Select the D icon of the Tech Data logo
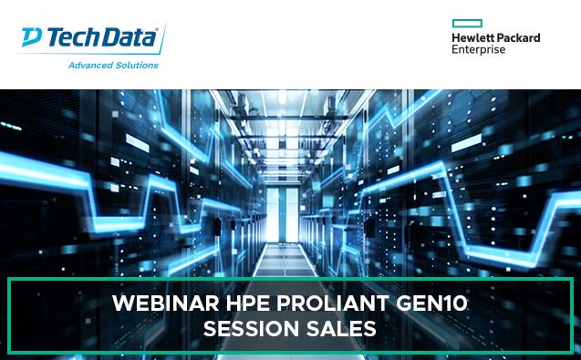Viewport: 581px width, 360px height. [x=31, y=37]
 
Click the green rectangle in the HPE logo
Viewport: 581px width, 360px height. [x=467, y=24]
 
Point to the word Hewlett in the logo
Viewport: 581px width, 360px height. [x=472, y=38]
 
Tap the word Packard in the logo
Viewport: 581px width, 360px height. [x=518, y=38]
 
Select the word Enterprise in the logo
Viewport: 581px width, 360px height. [x=482, y=50]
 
